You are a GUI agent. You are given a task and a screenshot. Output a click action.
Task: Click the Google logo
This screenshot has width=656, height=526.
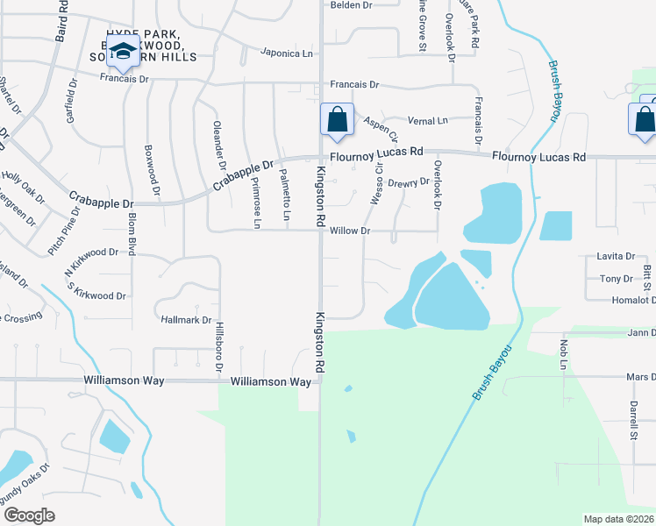tap(29, 515)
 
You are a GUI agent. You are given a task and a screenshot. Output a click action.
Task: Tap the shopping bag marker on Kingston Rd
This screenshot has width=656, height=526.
tap(337, 120)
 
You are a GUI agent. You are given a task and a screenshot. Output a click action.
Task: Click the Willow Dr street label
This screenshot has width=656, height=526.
tap(352, 231)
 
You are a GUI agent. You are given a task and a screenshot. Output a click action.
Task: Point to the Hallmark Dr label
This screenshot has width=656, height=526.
tap(187, 321)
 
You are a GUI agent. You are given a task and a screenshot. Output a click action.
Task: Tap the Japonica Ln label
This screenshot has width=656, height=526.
tap(287, 53)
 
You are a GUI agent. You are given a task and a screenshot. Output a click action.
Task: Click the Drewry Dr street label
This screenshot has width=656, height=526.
tap(409, 183)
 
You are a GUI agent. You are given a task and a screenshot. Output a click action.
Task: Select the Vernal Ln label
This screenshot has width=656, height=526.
tap(430, 120)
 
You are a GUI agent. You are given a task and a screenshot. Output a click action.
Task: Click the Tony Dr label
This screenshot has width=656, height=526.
tap(616, 279)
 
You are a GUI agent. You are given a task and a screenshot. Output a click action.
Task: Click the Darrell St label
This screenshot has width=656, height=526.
tap(632, 420)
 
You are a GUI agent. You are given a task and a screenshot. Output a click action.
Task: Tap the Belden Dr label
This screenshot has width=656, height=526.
tap(351, 5)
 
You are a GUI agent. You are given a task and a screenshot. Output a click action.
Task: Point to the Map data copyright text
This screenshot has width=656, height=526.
tap(618, 518)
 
